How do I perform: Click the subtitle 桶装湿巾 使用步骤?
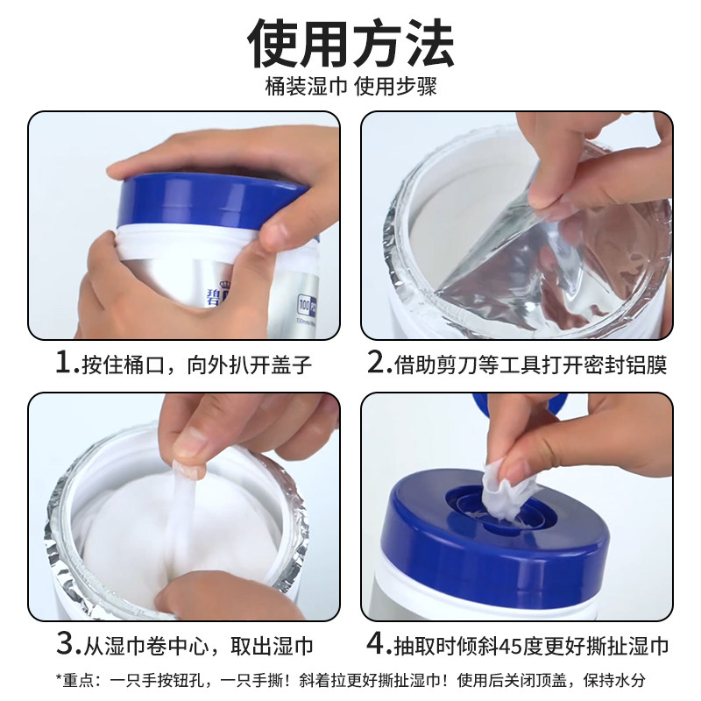click(x=350, y=88)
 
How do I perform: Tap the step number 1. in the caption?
click(x=66, y=363)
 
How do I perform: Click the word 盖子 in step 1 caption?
click(x=293, y=364)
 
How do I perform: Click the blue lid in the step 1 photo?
click(x=210, y=197)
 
